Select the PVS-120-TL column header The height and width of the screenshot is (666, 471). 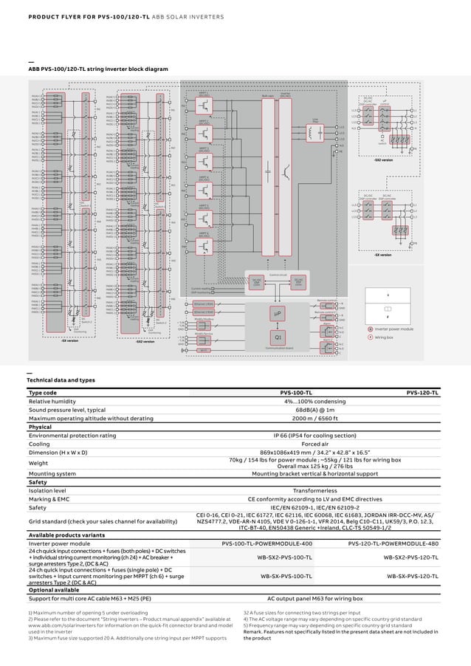[x=423, y=394]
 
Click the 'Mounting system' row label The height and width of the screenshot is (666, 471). [x=52, y=473]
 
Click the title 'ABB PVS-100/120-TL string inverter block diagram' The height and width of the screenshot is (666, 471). [x=98, y=69]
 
